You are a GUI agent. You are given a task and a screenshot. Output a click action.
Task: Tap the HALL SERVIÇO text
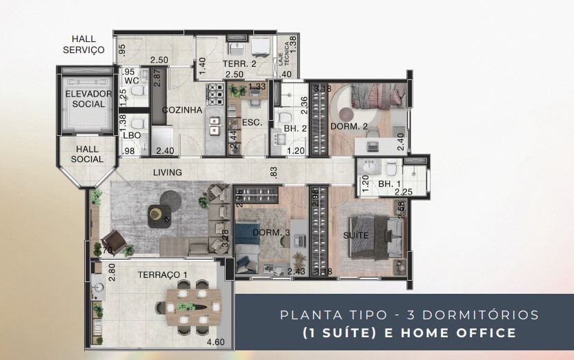(x=83, y=44)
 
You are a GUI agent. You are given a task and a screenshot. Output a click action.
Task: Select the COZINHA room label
(x=182, y=110)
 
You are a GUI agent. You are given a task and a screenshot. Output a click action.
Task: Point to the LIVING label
(x=168, y=172)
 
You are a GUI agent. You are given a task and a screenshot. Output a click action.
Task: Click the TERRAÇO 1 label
(x=163, y=274)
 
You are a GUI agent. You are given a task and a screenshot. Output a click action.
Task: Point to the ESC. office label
(x=250, y=123)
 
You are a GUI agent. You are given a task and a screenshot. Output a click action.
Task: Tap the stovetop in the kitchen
(x=213, y=91)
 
